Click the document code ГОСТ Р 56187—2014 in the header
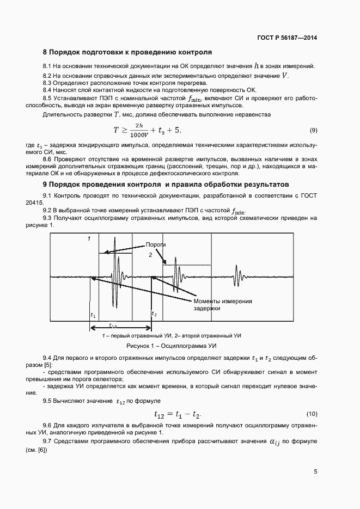point(287,38)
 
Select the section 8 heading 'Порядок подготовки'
point(127,53)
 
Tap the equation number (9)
point(313,130)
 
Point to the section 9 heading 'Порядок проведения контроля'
point(168,185)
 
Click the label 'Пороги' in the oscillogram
point(156,245)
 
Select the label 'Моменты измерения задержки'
point(223,304)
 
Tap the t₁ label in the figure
point(93,315)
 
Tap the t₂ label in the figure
point(154,315)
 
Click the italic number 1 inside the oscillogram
point(89,239)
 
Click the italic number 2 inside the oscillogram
point(151,254)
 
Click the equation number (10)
point(312,413)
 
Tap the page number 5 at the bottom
point(315,472)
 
